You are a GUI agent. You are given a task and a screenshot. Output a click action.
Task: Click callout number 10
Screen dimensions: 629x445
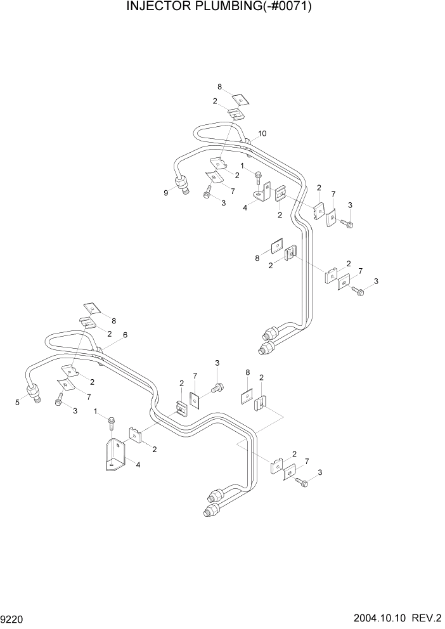[x=262, y=133]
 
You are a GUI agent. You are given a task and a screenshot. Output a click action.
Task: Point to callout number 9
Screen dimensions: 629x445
[x=166, y=193]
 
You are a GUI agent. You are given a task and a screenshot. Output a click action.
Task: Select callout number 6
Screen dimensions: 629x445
[x=125, y=335]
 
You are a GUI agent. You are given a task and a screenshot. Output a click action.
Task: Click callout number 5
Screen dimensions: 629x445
[x=18, y=402]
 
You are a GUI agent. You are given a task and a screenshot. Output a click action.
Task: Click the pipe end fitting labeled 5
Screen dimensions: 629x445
[x=34, y=393]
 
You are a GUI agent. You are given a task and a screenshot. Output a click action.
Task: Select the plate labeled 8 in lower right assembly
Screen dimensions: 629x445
[x=247, y=396]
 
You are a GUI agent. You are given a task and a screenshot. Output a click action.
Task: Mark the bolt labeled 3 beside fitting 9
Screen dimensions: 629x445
[x=207, y=195]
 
